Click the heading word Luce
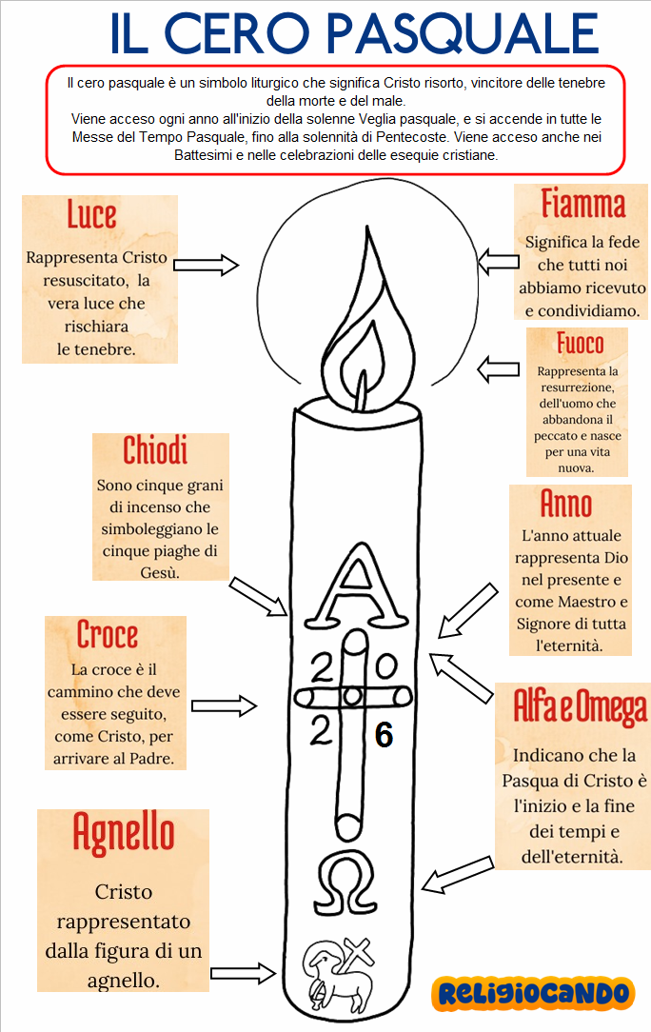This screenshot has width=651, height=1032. pos(91,215)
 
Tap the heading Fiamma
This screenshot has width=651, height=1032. pos(582,204)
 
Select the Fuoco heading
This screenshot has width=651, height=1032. pos(580,343)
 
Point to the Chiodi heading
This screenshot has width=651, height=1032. pos(155,451)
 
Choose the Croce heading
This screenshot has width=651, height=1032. pos(108,635)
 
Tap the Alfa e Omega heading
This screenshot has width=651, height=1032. pos(580,705)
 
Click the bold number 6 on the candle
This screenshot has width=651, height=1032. pos(384,735)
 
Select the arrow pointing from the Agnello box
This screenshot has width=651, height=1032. pos(242,973)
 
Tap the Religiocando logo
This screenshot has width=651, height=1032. pos(533,993)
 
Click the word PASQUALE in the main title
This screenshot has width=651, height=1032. pos(464,33)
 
